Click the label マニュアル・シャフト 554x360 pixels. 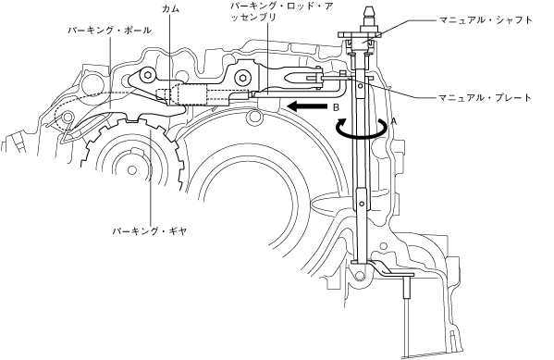click(486, 19)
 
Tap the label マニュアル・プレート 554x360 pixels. click(486, 97)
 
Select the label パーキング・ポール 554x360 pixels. click(109, 31)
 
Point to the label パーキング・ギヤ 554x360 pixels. click(149, 231)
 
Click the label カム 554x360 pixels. click(170, 9)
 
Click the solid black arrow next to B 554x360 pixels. click(307, 106)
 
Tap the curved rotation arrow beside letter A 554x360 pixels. click(361, 129)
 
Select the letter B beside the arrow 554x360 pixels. click(336, 108)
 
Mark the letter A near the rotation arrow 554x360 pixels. click(394, 121)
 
